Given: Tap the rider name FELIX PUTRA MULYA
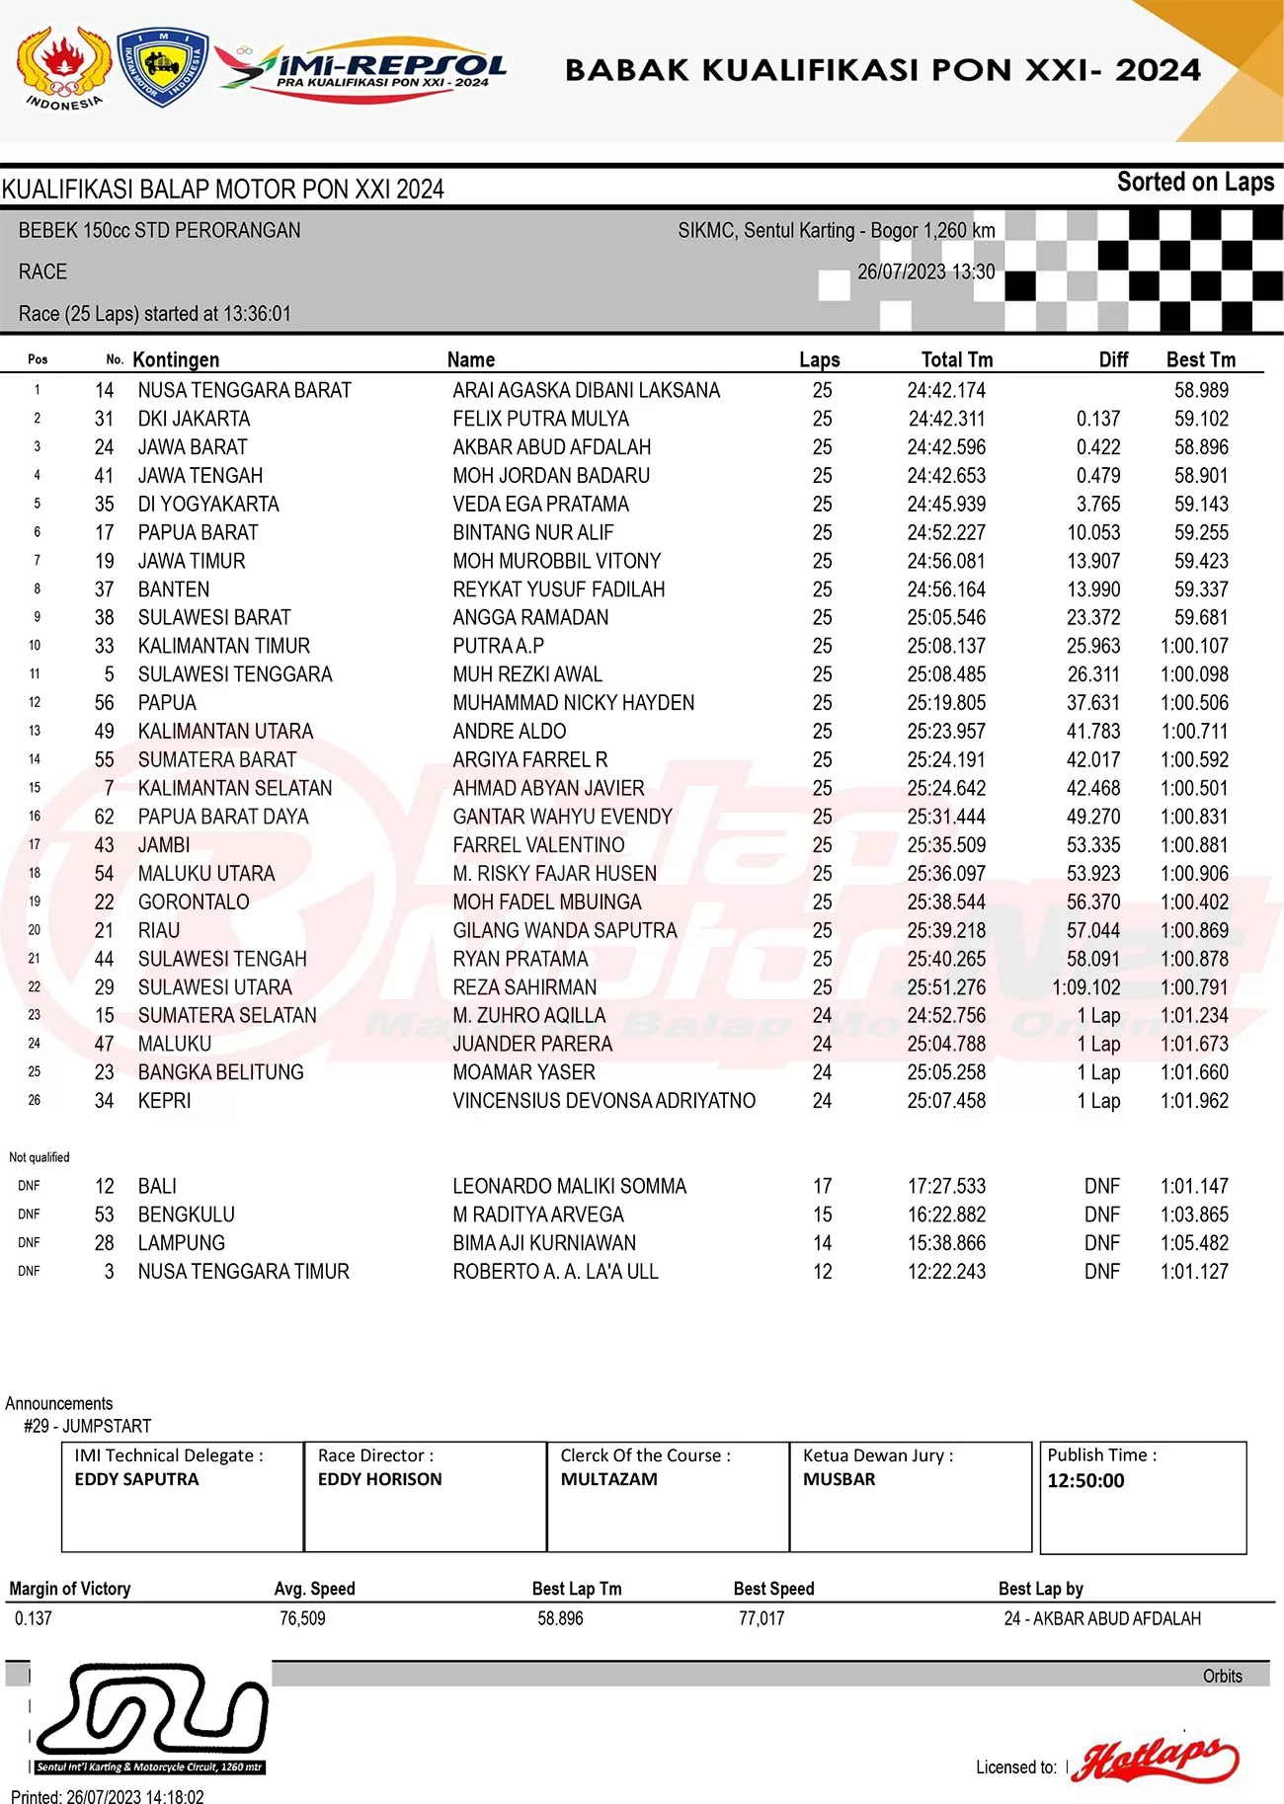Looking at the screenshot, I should [540, 419].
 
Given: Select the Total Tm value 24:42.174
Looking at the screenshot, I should [945, 390].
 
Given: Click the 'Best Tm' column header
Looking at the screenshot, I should [1200, 359].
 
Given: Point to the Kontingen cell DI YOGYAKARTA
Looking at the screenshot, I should [208, 504].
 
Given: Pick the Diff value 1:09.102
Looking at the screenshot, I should [1085, 986].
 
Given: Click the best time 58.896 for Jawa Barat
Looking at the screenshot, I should [1201, 447].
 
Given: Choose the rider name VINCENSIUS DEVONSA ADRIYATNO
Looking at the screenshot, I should [603, 1100].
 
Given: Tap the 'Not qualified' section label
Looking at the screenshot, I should [40, 1157].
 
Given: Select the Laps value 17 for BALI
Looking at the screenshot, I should [822, 1186].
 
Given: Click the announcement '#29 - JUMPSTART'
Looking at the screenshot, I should [88, 1426].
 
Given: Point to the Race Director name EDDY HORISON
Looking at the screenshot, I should [379, 1479].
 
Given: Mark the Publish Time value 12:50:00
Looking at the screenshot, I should [1085, 1480].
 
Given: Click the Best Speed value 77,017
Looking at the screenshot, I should [761, 1618].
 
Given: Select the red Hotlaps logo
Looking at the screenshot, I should [1156, 1759].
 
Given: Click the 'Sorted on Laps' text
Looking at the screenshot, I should [1195, 183].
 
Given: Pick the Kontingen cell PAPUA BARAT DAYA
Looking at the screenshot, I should [223, 817].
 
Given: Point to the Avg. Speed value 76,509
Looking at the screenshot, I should [302, 1618].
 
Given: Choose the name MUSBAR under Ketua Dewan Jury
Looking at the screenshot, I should [839, 1479].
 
